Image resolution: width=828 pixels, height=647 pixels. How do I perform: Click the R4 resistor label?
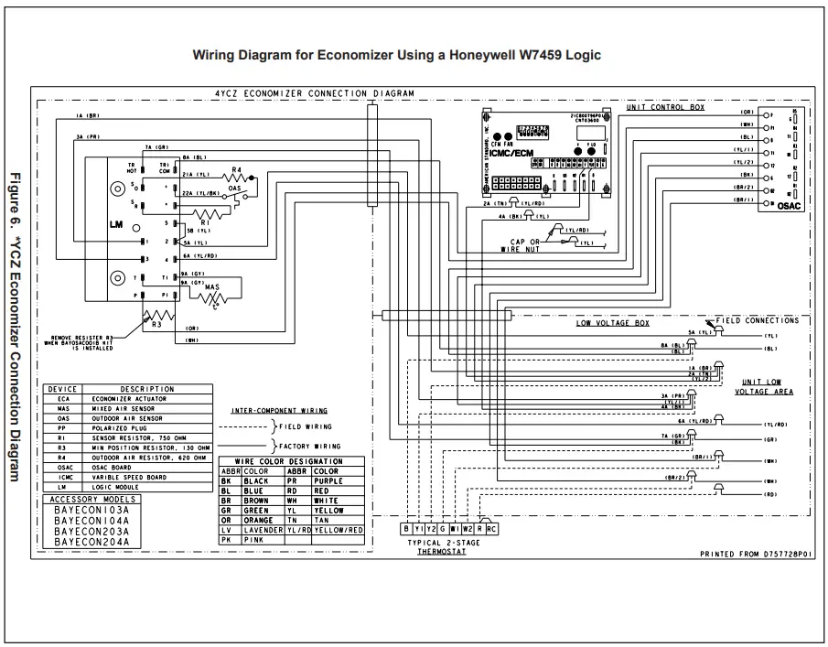pyautogui.click(x=236, y=170)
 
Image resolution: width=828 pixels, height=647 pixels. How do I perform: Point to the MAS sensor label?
pyautogui.click(x=211, y=287)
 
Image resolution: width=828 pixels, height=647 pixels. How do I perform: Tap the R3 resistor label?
pyautogui.click(x=156, y=323)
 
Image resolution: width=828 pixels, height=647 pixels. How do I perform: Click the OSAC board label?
pyautogui.click(x=788, y=207)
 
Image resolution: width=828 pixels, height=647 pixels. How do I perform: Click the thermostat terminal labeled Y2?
pyautogui.click(x=431, y=528)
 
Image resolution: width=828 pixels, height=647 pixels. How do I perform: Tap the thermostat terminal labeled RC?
pyautogui.click(x=492, y=528)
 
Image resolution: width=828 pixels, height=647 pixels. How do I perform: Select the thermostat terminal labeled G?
pyautogui.click(x=443, y=528)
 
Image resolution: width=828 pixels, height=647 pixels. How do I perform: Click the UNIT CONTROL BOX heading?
pyautogui.click(x=665, y=107)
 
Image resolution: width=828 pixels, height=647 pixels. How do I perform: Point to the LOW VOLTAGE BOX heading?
pyautogui.click(x=612, y=323)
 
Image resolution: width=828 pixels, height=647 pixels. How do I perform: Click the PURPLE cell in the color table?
pyautogui.click(x=328, y=480)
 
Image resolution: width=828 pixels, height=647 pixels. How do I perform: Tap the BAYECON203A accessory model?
pyautogui.click(x=91, y=531)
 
